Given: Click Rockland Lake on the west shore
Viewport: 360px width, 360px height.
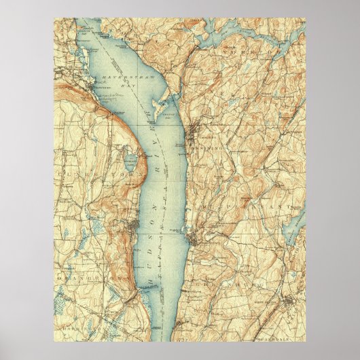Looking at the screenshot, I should [x=129, y=162].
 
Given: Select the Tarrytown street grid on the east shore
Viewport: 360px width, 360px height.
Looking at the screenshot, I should [x=194, y=238].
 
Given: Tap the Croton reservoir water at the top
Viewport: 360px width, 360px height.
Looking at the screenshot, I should [x=224, y=34].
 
